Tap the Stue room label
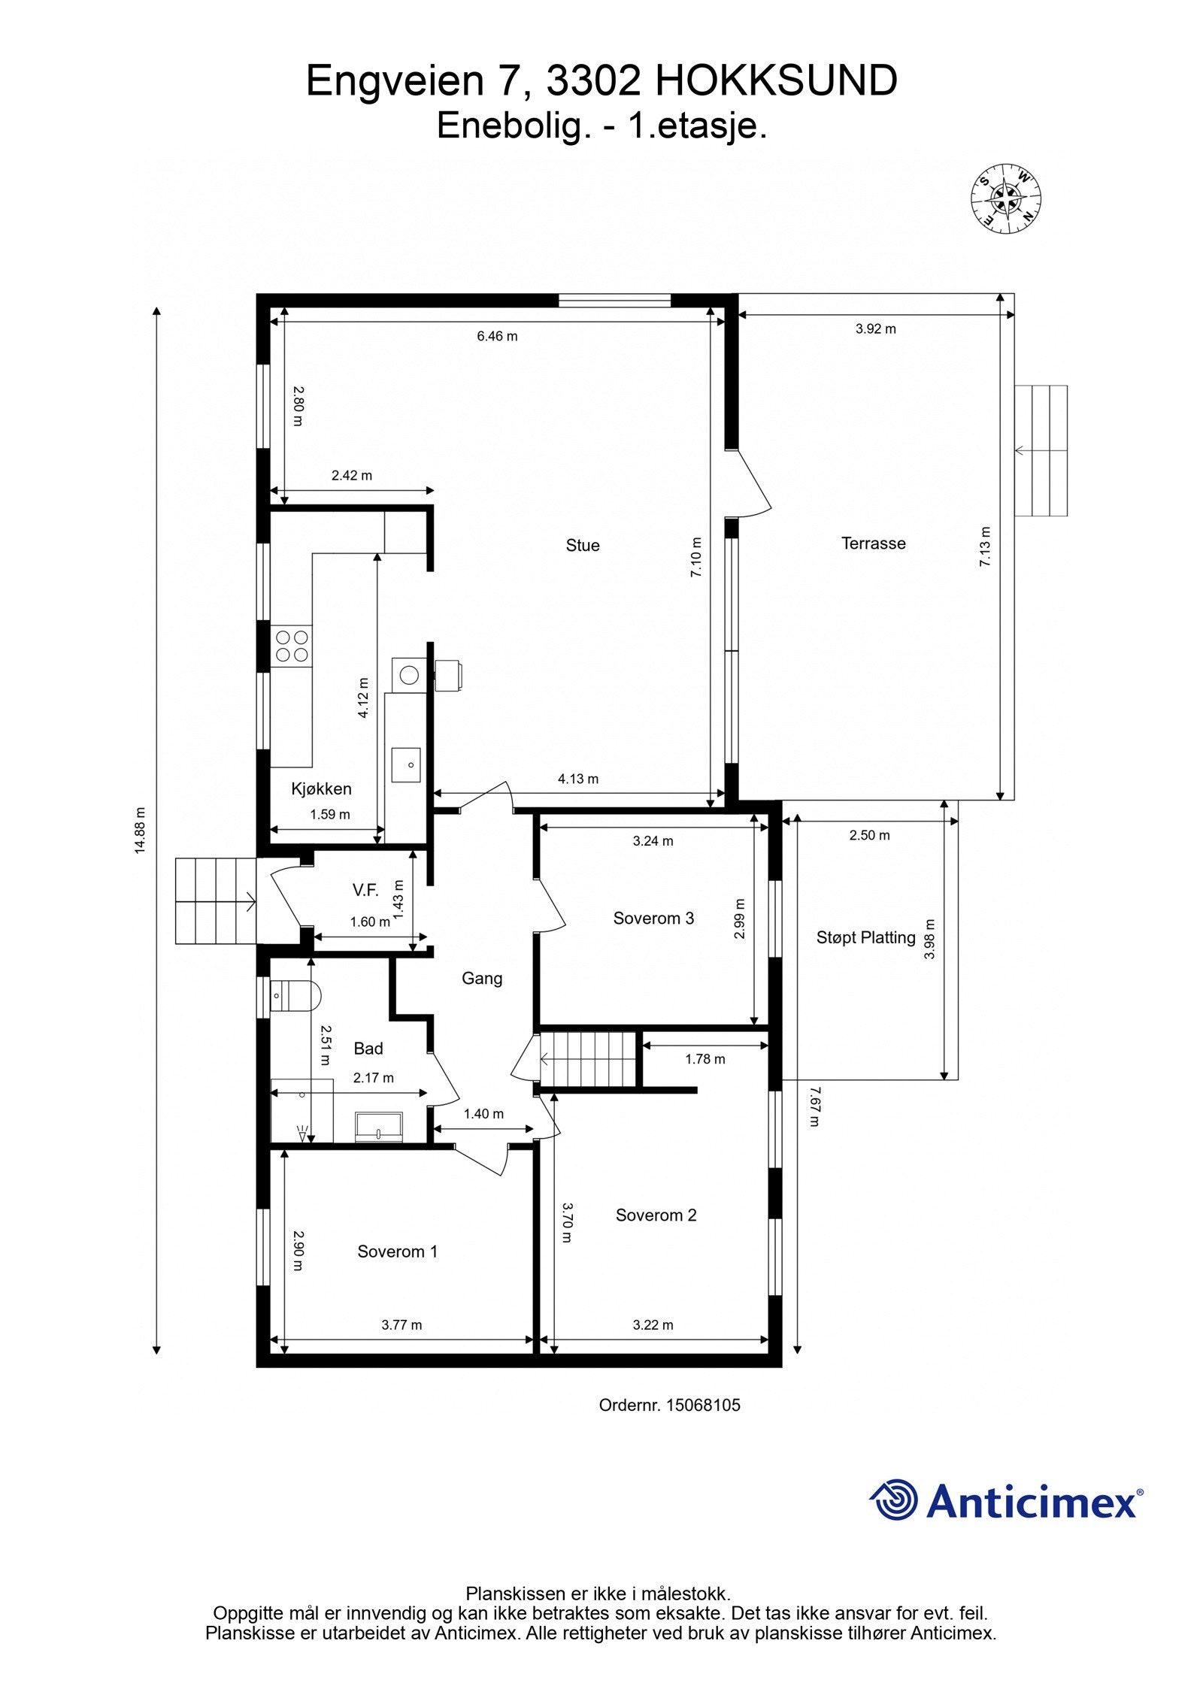point(583,546)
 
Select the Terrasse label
point(873,543)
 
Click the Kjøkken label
point(321,788)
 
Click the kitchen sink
point(406,764)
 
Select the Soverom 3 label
point(653,918)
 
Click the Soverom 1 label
point(397,1252)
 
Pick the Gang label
point(482,978)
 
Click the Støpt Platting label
point(865,937)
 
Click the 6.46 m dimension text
point(497,336)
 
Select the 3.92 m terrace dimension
point(875,328)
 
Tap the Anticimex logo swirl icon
point(894,1500)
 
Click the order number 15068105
point(702,1405)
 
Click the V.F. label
point(365,891)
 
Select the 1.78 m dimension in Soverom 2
point(705,1059)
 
